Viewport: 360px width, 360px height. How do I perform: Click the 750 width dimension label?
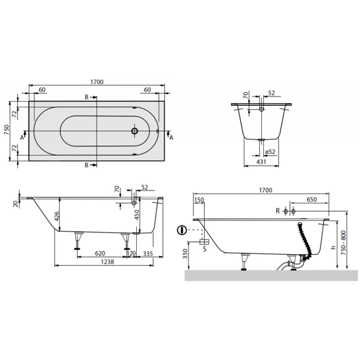(6, 130)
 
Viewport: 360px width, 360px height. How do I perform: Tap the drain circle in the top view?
(135, 131)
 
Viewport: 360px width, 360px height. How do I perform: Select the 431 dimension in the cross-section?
(261, 162)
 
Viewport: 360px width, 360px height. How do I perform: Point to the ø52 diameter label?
(270, 152)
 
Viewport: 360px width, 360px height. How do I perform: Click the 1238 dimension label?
(108, 262)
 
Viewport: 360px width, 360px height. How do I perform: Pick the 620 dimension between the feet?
(100, 253)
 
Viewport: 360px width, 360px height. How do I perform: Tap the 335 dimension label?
(148, 254)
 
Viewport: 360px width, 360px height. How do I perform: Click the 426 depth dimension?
(57, 216)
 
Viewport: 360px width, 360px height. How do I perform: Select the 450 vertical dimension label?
(137, 215)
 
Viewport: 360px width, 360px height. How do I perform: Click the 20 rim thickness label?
(16, 204)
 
